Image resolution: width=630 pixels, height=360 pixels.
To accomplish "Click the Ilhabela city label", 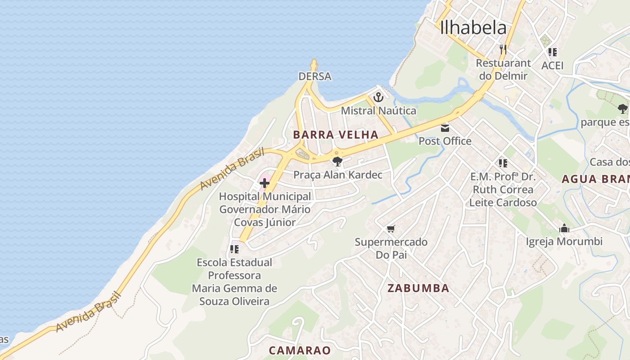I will coord(473,28).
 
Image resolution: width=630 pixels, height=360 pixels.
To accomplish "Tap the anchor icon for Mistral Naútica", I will coord(378,97).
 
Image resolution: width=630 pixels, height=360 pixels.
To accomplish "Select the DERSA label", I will coord(315,76).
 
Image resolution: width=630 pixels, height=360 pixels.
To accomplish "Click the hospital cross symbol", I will coord(265,183).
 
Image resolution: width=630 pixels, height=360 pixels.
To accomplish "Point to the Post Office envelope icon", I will coord(445,128).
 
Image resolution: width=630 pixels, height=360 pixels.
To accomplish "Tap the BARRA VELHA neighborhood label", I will coord(336,135).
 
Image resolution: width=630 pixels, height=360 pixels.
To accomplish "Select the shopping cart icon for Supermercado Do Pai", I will coord(391,229).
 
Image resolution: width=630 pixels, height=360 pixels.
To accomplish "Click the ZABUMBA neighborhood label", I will coord(418,288).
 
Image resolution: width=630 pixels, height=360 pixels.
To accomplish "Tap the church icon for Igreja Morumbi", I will coord(564,229).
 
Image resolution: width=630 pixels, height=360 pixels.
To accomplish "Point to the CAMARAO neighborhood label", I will coord(300,350).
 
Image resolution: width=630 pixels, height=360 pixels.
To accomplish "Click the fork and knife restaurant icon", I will coord(503,49).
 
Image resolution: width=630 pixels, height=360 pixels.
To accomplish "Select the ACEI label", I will coord(553,66).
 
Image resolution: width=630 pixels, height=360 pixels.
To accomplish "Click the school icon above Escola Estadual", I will coord(234,249).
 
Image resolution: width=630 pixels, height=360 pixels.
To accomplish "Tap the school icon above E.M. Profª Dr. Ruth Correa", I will coord(503,163).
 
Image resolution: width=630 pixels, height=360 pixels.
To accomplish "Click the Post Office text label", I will coord(445,141).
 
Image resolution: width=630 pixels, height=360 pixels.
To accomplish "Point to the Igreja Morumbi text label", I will coord(564,242).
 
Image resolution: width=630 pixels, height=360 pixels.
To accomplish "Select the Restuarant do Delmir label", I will coord(503,69).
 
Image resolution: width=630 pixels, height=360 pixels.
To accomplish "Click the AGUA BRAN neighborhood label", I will coord(595,179).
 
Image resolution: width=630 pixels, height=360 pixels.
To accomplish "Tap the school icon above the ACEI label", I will coord(553,52).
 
